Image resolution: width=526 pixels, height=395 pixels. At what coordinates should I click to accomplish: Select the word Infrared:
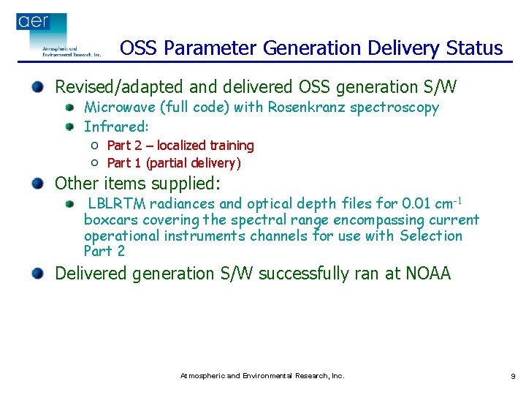(116, 126)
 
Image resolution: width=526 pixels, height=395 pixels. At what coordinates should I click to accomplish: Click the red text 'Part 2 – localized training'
(180, 146)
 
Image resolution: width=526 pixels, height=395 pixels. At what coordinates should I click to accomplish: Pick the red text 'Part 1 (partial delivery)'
(174, 162)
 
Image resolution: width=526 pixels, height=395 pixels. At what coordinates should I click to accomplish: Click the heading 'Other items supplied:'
(137, 183)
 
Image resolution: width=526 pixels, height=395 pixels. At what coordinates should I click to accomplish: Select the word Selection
(431, 236)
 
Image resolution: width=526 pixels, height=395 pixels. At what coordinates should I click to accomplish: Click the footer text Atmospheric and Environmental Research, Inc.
(262, 376)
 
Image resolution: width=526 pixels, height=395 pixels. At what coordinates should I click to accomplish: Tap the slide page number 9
(513, 376)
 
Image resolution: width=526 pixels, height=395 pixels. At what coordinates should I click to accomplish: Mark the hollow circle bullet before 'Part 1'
(95, 162)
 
